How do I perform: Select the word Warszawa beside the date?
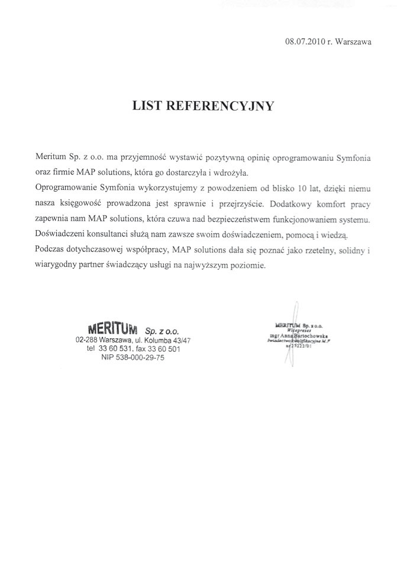coord(353,42)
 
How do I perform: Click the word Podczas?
coord(51,250)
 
